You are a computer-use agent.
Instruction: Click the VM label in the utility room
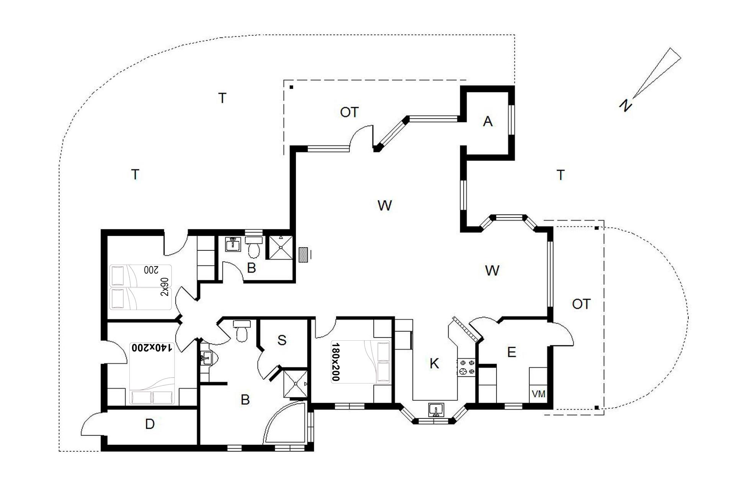coord(539,394)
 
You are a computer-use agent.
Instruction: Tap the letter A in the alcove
coord(487,121)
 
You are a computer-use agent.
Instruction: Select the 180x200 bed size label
coord(335,362)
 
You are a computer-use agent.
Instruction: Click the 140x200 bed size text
coord(152,348)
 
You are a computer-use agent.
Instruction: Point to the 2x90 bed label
coord(165,287)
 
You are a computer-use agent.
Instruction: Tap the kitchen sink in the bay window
coord(435,410)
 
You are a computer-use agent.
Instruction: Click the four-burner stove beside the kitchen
coord(466,367)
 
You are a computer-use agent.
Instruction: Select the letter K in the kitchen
coord(434,363)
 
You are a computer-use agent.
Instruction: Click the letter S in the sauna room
coord(282,340)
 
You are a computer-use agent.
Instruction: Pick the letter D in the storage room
coord(150,424)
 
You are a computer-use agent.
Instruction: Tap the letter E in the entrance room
coord(511,352)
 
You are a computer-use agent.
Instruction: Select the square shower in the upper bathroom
coord(281,247)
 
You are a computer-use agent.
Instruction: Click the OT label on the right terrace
coord(581,304)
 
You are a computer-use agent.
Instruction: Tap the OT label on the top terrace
coord(349,112)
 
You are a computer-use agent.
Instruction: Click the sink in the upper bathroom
coord(233,244)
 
